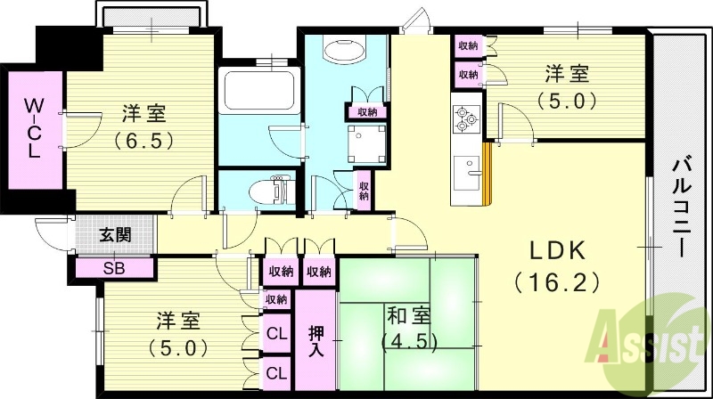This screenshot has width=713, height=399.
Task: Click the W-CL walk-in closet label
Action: pos(32,127)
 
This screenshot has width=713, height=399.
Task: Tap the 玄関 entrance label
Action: pos(115,235)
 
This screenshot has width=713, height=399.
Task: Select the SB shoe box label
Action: pos(114,266)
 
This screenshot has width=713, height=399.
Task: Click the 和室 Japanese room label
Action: pos(407,315)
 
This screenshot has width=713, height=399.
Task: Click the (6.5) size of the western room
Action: pos(143,140)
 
